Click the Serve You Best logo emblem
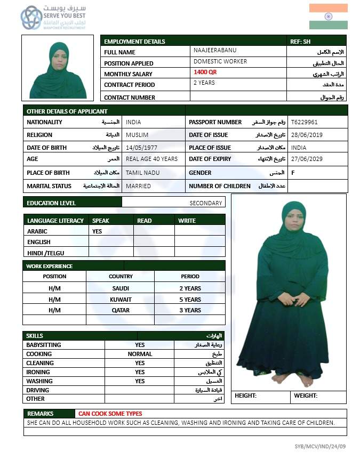click(x=31, y=18)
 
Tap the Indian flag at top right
click(x=328, y=17)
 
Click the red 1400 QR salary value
click(x=205, y=72)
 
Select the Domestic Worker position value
click(x=220, y=61)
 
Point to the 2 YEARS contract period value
click(x=204, y=83)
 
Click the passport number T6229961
click(x=304, y=122)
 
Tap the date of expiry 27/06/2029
click(x=306, y=159)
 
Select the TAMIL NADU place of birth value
click(x=142, y=173)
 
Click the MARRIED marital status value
click(x=138, y=186)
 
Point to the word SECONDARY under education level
click(x=205, y=203)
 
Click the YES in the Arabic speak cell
click(x=97, y=231)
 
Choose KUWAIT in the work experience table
click(x=121, y=300)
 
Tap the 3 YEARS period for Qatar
click(x=190, y=310)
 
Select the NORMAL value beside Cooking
click(x=140, y=354)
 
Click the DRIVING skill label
click(x=38, y=390)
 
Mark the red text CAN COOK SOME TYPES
click(x=110, y=414)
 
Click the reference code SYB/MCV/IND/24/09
click(x=320, y=446)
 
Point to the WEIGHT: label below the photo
click(x=306, y=396)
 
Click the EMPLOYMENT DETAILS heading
click(x=134, y=42)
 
